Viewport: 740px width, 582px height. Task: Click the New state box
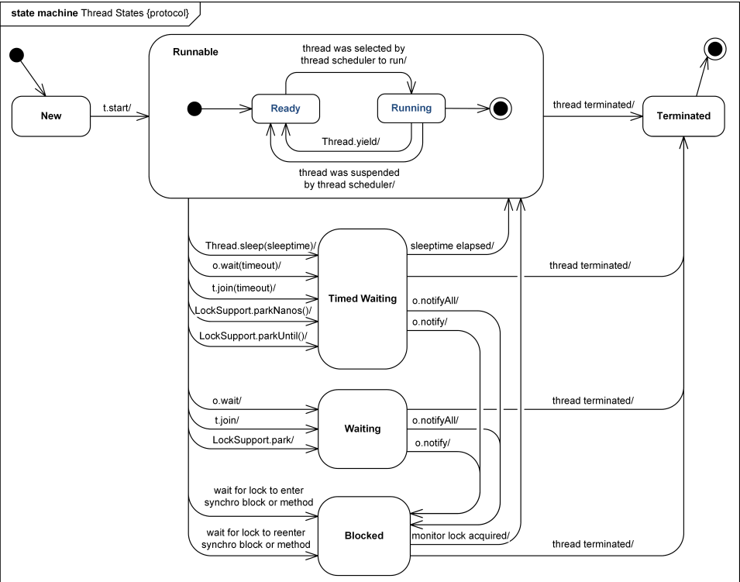point(51,116)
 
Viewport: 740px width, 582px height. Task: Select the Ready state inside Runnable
point(285,108)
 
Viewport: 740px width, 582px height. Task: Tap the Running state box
point(411,108)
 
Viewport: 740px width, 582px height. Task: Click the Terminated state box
point(683,116)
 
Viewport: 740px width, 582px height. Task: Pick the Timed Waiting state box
point(363,299)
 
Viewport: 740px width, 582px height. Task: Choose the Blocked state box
point(364,536)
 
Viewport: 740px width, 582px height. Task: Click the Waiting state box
point(363,429)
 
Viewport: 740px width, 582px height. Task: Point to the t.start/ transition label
point(117,108)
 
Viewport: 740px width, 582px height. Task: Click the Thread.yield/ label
point(351,142)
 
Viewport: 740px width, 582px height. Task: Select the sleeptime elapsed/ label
point(452,246)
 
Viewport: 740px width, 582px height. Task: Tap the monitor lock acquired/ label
point(460,536)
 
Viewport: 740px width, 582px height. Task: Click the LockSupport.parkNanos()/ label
point(253,311)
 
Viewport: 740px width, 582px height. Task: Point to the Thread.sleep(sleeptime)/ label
point(260,246)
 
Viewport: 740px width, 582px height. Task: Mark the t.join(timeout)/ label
point(243,288)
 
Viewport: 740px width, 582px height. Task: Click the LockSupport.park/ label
point(253,440)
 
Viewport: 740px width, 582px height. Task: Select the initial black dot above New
point(16,55)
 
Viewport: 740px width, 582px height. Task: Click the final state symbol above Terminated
point(715,49)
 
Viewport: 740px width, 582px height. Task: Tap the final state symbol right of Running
point(501,108)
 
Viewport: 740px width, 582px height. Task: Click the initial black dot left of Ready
point(194,109)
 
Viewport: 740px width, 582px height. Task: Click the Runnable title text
point(195,52)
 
